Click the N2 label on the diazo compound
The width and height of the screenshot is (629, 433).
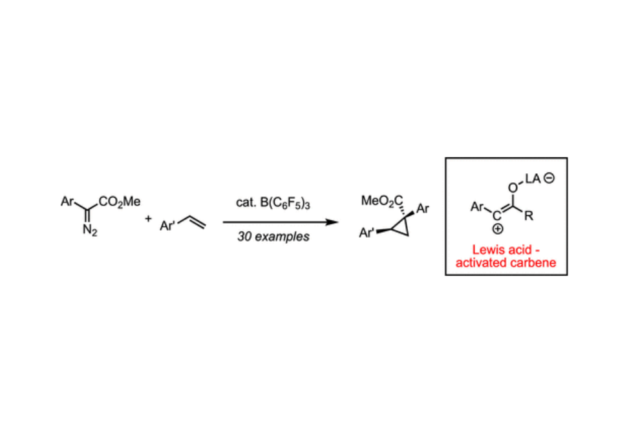coord(90,231)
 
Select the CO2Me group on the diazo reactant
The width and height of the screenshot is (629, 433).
coord(119,202)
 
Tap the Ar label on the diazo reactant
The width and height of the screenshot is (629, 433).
coord(67,201)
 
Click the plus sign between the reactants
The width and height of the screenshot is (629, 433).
coord(149,218)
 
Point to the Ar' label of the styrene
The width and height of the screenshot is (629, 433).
coord(167,226)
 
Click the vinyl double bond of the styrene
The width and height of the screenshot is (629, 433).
coord(197,222)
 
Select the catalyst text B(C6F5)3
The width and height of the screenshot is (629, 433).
coord(285,203)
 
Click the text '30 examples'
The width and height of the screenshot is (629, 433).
coord(273,237)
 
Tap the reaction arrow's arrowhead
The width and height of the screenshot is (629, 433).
coord(332,222)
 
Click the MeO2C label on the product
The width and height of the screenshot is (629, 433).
coord(382,201)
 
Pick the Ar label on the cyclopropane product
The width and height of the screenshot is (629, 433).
coord(423,209)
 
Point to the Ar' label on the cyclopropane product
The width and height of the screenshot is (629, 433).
coord(367,233)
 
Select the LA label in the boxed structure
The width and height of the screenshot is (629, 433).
coord(533,179)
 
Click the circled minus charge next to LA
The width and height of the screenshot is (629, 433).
coord(549,178)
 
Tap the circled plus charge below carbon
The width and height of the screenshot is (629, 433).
coord(497,229)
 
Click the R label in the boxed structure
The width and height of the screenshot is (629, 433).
coord(529,216)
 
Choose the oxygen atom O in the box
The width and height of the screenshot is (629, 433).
coord(513,187)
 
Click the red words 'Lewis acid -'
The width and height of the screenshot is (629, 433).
coord(506,249)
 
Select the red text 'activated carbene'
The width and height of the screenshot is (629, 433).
coord(506,262)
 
